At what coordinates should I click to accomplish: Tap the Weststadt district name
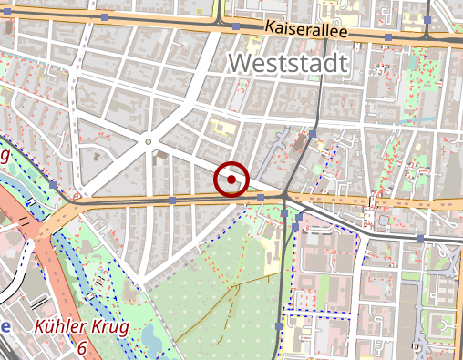click(x=289, y=63)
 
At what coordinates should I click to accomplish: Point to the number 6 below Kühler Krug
click(x=82, y=348)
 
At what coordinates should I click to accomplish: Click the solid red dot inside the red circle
click(x=231, y=180)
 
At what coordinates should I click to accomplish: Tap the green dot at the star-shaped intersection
click(x=148, y=141)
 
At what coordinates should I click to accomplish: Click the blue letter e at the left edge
click(x=5, y=327)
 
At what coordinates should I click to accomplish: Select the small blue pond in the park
click(x=150, y=338)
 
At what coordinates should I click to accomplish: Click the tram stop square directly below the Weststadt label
click(x=313, y=134)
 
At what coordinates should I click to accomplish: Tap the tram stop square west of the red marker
click(x=172, y=199)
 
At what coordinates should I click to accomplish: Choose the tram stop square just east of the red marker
click(x=261, y=198)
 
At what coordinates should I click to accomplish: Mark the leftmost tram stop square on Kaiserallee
click(x=106, y=17)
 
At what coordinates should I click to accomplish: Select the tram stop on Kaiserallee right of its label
click(x=389, y=36)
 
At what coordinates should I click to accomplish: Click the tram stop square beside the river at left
click(x=54, y=184)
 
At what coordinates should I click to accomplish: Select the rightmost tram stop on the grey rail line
click(x=420, y=238)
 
